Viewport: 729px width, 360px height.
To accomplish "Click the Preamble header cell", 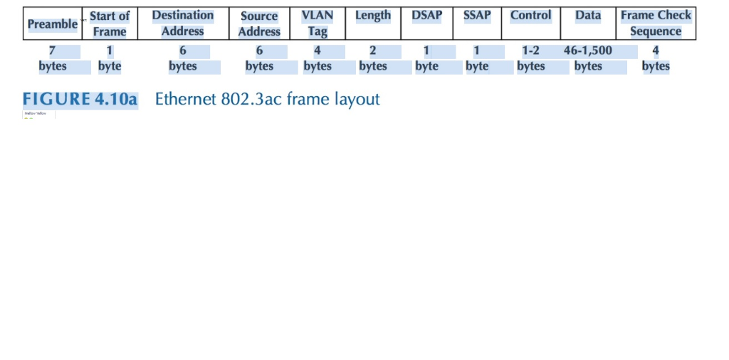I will tap(52, 23).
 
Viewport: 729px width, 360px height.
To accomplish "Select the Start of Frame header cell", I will tap(110, 23).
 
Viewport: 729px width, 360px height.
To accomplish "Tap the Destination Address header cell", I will tap(183, 23).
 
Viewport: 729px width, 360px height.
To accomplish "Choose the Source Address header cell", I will tap(259, 23).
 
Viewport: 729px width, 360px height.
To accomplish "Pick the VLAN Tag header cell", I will tap(318, 23).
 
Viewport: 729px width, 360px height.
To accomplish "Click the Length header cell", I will tap(373, 16).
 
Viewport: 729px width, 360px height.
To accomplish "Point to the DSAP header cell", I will tap(427, 16).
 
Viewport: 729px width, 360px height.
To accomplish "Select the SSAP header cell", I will tap(477, 16).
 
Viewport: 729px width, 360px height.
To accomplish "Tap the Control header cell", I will tap(531, 16).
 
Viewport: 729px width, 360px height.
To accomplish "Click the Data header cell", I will tap(588, 16).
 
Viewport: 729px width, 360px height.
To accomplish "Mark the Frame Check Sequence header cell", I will tap(656, 23).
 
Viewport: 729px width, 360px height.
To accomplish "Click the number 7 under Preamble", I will tap(52, 51).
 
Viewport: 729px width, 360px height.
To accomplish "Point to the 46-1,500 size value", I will tap(588, 51).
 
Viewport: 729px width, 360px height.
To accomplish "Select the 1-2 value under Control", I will tap(531, 51).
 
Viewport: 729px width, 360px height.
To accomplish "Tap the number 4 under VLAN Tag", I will tap(318, 51).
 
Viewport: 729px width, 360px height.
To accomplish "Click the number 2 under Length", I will tap(373, 51).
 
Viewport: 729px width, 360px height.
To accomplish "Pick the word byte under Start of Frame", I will tap(110, 66).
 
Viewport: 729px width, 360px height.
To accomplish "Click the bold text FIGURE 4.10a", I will tap(80, 99).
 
